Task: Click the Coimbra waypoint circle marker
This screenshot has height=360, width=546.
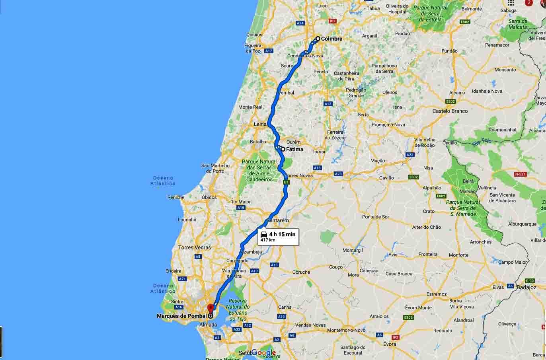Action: (318, 39)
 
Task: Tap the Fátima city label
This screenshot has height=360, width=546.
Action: (294, 150)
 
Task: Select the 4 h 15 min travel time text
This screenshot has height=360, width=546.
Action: (282, 234)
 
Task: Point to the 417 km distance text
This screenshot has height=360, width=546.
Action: (268, 240)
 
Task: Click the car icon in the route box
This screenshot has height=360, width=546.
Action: (264, 234)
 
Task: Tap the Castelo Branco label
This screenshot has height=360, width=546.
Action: (450, 111)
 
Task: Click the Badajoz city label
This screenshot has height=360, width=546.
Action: (526, 287)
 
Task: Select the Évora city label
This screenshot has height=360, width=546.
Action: (390, 344)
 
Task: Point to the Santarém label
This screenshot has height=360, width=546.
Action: (278, 220)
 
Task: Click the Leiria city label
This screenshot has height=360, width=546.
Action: (260, 124)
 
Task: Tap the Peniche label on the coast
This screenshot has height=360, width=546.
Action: (176, 197)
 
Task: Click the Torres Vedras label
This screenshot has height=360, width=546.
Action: (195, 247)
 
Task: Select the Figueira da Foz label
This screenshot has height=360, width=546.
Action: (252, 48)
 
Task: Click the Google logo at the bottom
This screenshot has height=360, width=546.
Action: (263, 352)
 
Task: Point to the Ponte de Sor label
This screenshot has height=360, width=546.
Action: (376, 217)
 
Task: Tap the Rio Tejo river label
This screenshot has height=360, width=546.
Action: (482, 142)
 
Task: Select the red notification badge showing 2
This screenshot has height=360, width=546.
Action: (529, 2)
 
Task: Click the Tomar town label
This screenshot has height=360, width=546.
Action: (319, 152)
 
